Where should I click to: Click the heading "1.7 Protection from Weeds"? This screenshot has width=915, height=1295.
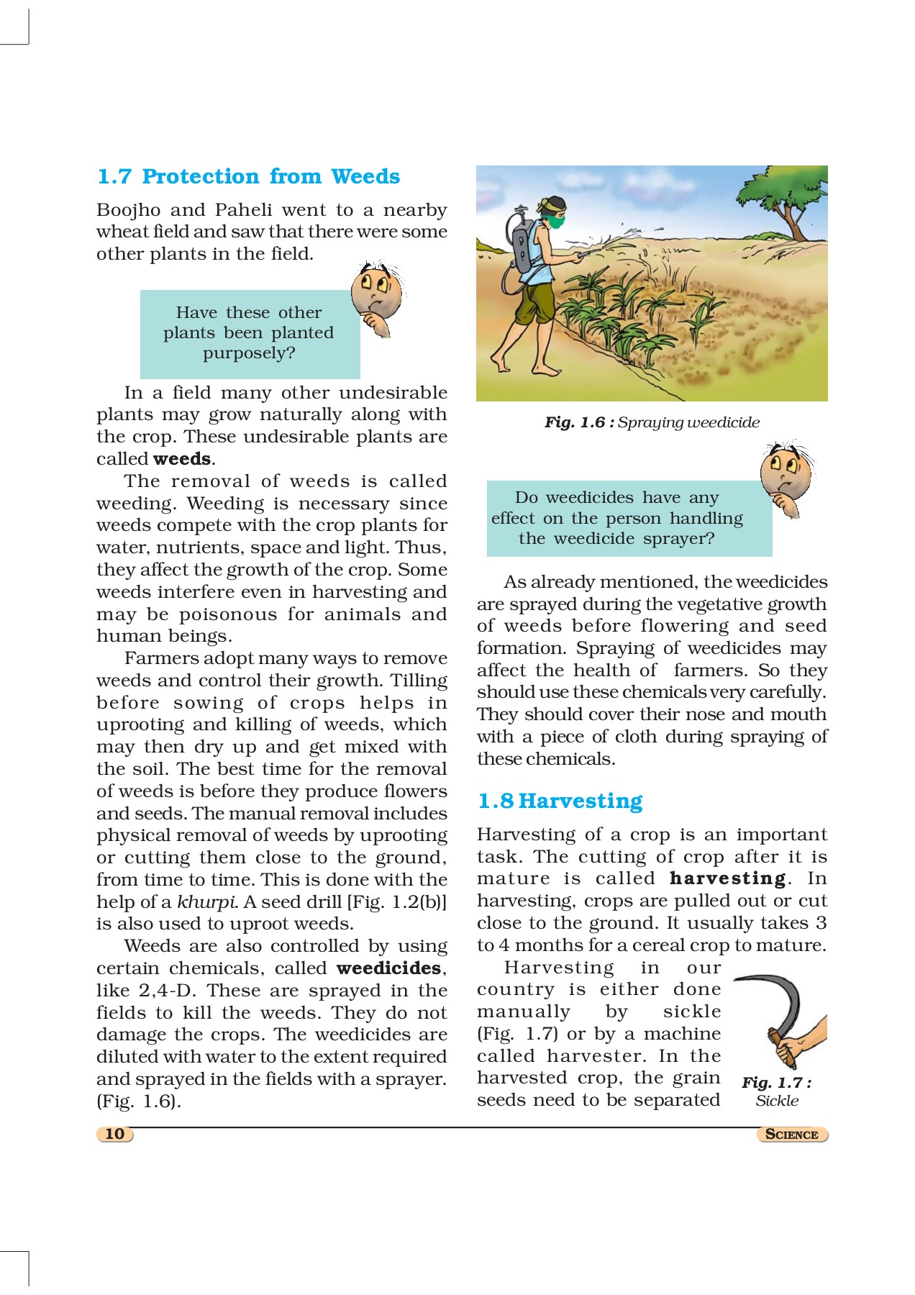[248, 176]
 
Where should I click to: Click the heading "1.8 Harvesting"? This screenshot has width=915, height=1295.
[560, 801]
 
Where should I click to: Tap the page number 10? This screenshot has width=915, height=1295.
[115, 1134]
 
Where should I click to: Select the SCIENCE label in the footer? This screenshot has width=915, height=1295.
[792, 1135]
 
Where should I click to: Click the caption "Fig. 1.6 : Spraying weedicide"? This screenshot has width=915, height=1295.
[652, 422]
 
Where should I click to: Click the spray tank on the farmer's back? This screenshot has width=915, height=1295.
[520, 241]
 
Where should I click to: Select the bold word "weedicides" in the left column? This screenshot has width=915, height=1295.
[388, 968]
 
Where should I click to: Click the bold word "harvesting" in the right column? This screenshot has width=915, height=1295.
[728, 878]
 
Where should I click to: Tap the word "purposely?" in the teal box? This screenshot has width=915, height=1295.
[249, 353]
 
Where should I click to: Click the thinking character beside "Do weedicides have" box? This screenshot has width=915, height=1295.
[786, 476]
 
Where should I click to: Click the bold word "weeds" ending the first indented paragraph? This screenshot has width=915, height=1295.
[182, 459]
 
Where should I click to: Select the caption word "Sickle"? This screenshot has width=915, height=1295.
[777, 1101]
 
